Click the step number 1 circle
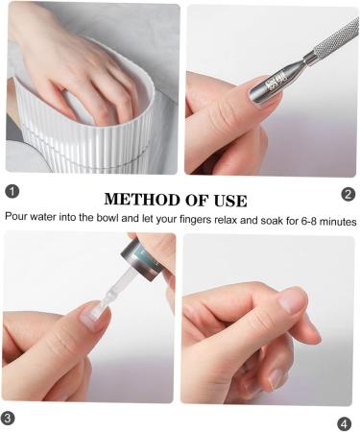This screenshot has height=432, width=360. pyautogui.click(x=12, y=192)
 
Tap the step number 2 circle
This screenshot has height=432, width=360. pyautogui.click(x=348, y=194)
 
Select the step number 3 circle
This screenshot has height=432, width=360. pyautogui.click(x=8, y=418)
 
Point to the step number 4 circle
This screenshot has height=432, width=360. pyautogui.click(x=344, y=424)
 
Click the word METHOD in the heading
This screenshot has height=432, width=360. pyautogui.click(x=142, y=200)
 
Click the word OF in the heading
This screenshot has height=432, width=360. pyautogui.click(x=197, y=201)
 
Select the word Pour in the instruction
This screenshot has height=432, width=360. pyautogui.click(x=16, y=216)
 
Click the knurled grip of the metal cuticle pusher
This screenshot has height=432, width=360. pyautogui.click(x=337, y=38)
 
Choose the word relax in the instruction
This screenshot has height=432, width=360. pyautogui.click(x=226, y=220)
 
